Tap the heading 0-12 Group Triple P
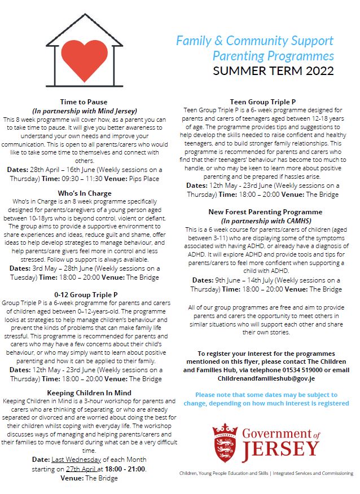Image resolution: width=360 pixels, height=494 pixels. (x=86, y=294)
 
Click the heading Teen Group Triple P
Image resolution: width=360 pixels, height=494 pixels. (x=263, y=102)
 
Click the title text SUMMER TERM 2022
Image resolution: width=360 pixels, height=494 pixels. (x=273, y=71)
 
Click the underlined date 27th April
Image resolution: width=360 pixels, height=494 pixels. (x=82, y=469)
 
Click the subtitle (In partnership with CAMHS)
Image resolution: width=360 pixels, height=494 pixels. (x=263, y=220)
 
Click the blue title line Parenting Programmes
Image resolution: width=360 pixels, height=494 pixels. (x=273, y=56)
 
